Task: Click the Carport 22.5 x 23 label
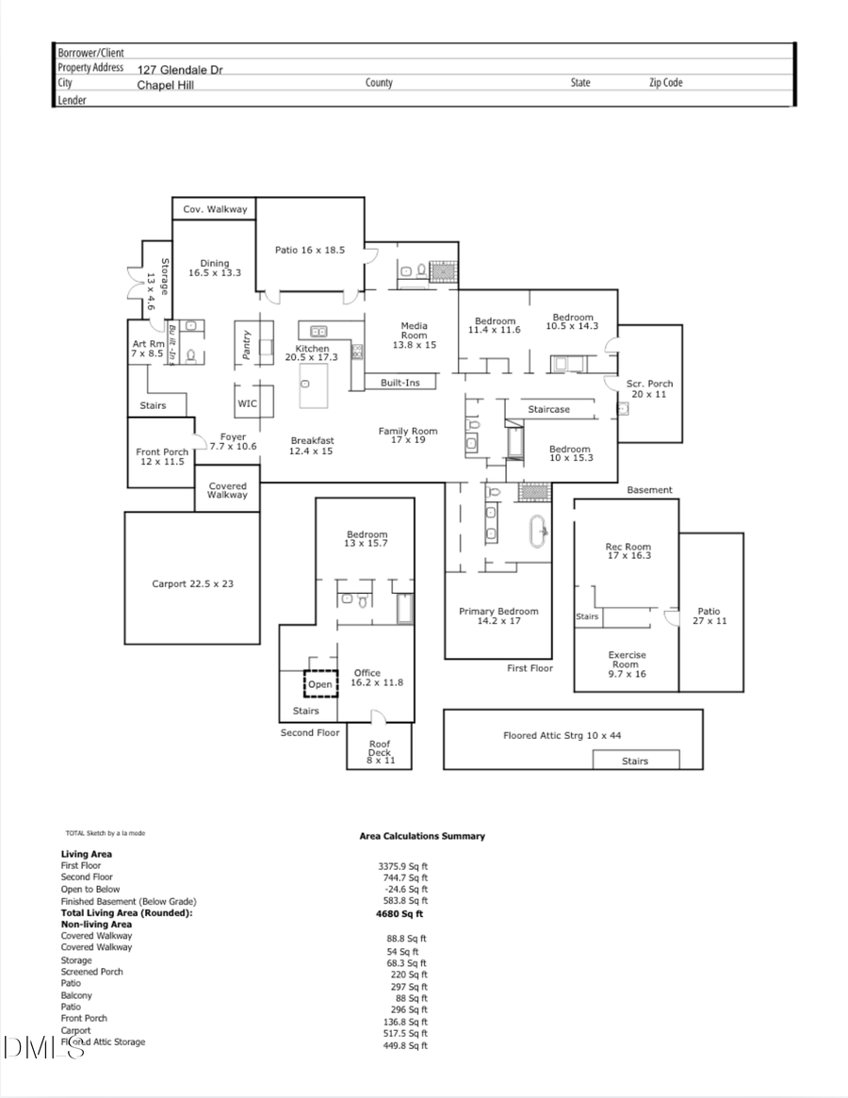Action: click(192, 583)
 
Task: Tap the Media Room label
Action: click(414, 336)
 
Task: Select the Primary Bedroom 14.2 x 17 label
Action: click(498, 616)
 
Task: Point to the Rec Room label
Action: click(628, 551)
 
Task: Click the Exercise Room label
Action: click(627, 664)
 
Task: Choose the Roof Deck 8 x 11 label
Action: click(379, 751)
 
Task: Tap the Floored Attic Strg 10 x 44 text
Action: click(562, 735)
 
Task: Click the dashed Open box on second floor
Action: click(319, 683)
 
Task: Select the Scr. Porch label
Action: click(649, 388)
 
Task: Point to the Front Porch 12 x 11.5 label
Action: click(161, 457)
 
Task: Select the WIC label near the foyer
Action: click(247, 403)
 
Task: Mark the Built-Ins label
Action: click(400, 383)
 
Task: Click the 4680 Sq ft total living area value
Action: click(400, 913)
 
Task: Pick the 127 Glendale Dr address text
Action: click(180, 70)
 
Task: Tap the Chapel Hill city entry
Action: click(165, 85)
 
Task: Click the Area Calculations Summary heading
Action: click(422, 836)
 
